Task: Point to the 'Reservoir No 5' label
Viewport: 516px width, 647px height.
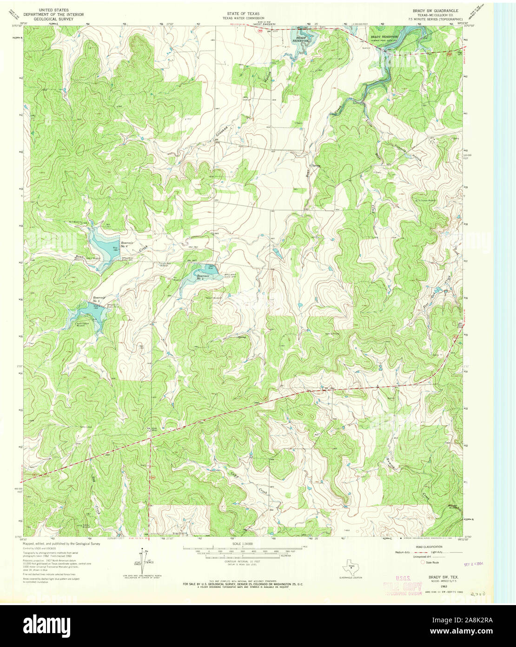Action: coord(99,299)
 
